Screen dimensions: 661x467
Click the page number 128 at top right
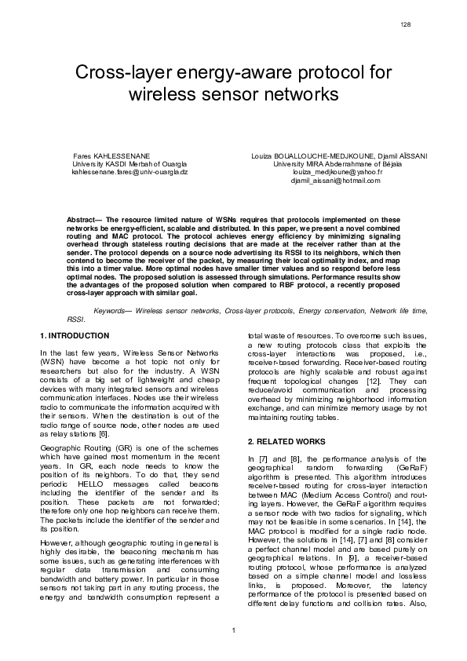point(405,25)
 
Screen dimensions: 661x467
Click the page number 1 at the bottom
point(233,630)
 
